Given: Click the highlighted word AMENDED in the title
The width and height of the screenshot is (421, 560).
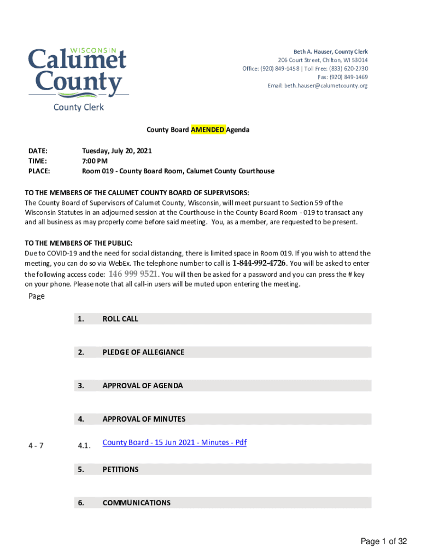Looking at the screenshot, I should click(x=207, y=130).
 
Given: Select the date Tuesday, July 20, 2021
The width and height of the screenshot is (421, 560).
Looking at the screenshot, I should click(x=116, y=150).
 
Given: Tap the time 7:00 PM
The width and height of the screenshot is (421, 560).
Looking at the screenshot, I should click(x=95, y=161).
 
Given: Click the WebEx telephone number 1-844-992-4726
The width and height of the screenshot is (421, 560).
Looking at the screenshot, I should click(x=259, y=263).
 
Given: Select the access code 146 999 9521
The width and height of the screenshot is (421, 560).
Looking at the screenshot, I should click(x=133, y=274).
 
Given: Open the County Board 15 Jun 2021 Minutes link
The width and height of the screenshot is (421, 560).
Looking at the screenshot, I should click(x=174, y=442).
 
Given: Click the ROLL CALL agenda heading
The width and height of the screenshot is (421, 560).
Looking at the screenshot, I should click(x=120, y=319).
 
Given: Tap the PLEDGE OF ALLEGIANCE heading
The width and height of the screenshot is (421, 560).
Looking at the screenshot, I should click(x=143, y=352).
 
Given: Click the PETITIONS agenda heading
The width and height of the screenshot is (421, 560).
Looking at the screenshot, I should click(x=120, y=469).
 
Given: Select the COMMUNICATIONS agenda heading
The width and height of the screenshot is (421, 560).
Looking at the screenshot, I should click(x=136, y=503).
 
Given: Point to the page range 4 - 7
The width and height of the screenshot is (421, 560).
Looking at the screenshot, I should click(x=37, y=445).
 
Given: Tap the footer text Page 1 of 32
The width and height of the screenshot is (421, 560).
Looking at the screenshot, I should click(x=383, y=541).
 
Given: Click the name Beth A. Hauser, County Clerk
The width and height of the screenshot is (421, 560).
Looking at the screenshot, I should click(x=331, y=51).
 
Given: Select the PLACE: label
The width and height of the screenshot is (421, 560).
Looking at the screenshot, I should click(x=39, y=171).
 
